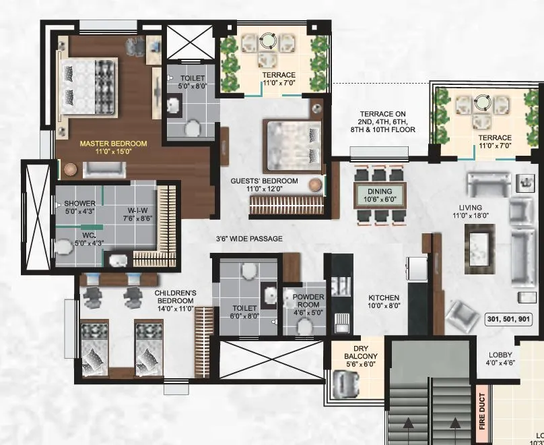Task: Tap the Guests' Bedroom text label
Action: tap(264, 185)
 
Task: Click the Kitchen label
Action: tap(384, 301)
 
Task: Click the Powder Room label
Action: tap(308, 301)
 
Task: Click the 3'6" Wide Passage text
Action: tap(249, 239)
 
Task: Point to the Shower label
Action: tap(80, 207)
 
